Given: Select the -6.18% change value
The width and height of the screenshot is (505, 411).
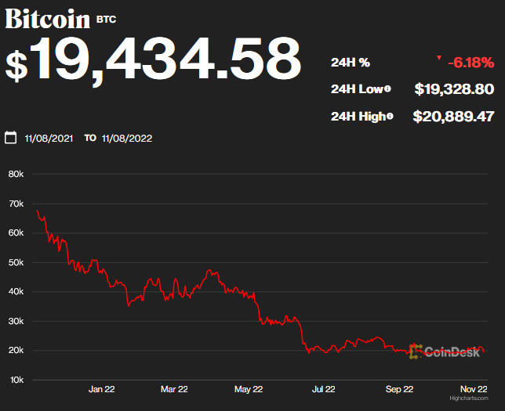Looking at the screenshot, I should (x=470, y=62).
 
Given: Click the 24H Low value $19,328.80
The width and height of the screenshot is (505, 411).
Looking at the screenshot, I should (x=454, y=89).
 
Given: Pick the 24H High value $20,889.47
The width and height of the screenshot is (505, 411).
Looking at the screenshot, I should (x=453, y=117).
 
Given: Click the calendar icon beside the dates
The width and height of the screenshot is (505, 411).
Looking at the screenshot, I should (x=11, y=138).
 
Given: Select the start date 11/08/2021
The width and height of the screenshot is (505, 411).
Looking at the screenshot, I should (x=49, y=139).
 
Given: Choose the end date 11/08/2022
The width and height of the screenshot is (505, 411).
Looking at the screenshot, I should (x=126, y=139).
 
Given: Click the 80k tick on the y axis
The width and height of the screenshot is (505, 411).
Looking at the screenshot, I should (x=16, y=174).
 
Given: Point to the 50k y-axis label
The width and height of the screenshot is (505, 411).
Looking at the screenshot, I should (x=16, y=262).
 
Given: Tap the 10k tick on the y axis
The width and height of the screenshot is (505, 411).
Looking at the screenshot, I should (x=16, y=380).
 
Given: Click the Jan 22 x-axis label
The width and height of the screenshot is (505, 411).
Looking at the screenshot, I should (x=102, y=388).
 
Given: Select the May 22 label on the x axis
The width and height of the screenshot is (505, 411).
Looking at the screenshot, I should (x=247, y=388).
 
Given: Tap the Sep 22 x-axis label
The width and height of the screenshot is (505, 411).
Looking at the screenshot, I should (x=398, y=388).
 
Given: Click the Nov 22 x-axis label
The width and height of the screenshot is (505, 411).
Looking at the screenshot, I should (x=474, y=388).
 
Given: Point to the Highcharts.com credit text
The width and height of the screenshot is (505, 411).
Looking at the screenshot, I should (x=469, y=398).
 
